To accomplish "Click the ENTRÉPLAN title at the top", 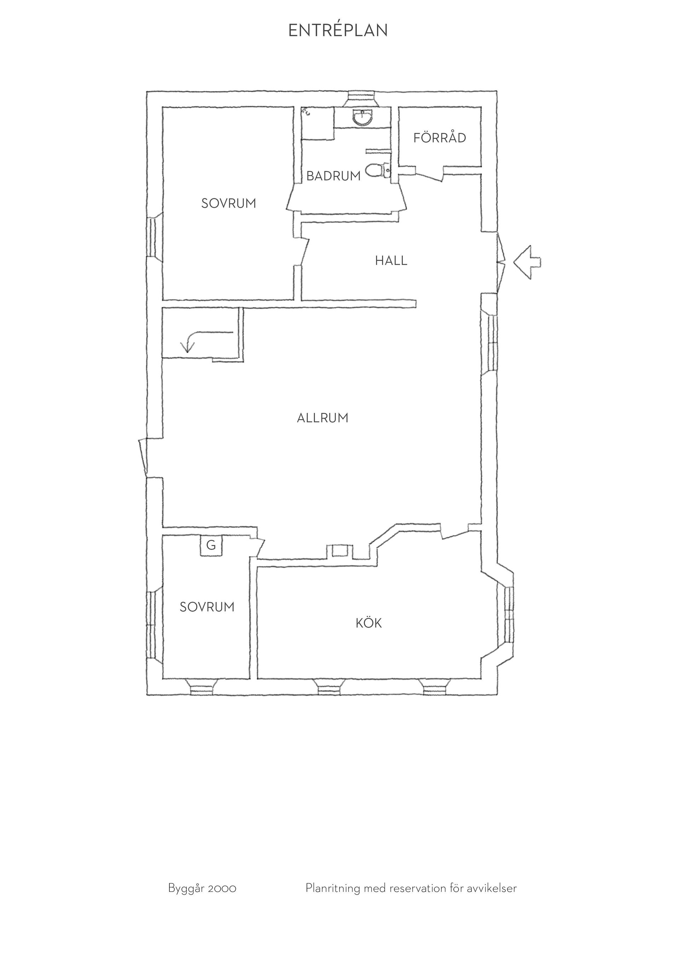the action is coord(338,30).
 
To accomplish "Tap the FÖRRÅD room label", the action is coord(440,138).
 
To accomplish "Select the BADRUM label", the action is coord(333,176).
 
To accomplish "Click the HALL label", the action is coord(391,261).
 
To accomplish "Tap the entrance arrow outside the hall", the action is coord(527,262).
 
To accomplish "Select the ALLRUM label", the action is coord(323,418).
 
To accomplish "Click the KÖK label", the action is coord(369,623).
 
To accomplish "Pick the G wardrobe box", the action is coord(211,545).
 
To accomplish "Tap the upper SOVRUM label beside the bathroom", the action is coord(228,203).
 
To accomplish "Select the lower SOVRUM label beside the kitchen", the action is coord(207,607).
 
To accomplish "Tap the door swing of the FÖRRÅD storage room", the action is coord(429,175).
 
